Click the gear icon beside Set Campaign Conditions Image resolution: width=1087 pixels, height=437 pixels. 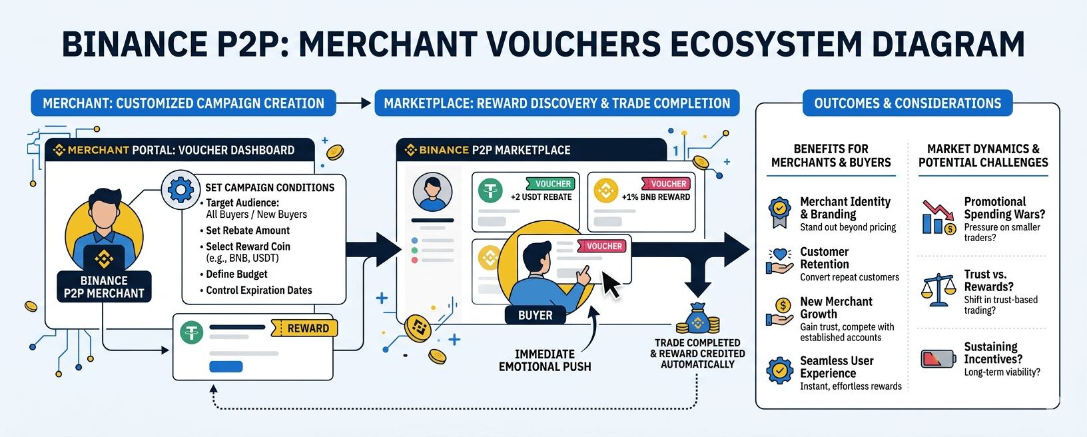(x=181, y=190)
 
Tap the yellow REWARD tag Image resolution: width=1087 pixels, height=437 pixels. (x=304, y=328)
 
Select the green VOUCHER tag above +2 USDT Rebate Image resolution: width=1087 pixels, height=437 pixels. (x=551, y=184)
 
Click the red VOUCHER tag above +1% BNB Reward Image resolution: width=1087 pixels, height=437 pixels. (x=666, y=184)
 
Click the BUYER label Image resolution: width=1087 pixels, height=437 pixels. (x=536, y=315)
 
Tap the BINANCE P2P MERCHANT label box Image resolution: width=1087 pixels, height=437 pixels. (x=104, y=287)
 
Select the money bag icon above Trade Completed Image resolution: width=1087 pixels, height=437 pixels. (x=698, y=318)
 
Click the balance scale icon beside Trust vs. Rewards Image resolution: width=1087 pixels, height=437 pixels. (x=938, y=290)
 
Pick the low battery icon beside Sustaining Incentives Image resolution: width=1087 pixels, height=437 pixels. (x=938, y=359)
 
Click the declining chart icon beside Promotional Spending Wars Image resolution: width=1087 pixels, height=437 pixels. (x=938, y=217)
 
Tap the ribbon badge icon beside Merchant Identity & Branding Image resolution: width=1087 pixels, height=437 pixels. (x=780, y=213)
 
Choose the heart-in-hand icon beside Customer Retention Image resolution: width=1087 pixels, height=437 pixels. (x=779, y=261)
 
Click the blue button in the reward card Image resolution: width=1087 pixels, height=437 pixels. (x=226, y=366)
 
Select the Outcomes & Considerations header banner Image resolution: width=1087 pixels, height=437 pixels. (x=907, y=103)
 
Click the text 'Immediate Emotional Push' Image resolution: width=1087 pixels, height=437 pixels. (x=545, y=360)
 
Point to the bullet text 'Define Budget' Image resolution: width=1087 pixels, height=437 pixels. (x=236, y=274)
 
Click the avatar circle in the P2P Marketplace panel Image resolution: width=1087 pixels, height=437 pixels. (x=432, y=192)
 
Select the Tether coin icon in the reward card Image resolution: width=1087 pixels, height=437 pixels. (x=192, y=332)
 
